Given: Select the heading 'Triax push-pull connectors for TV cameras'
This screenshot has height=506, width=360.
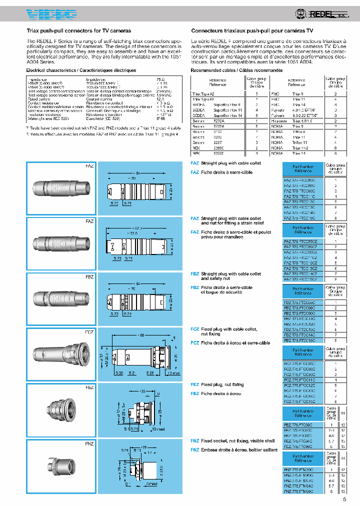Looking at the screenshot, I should pyautogui.click(x=78, y=30).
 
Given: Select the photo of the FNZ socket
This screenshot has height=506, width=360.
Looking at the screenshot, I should pyautogui.click(x=59, y=465).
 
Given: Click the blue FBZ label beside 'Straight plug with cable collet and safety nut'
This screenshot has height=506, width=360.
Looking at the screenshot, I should pyautogui.click(x=194, y=274).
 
